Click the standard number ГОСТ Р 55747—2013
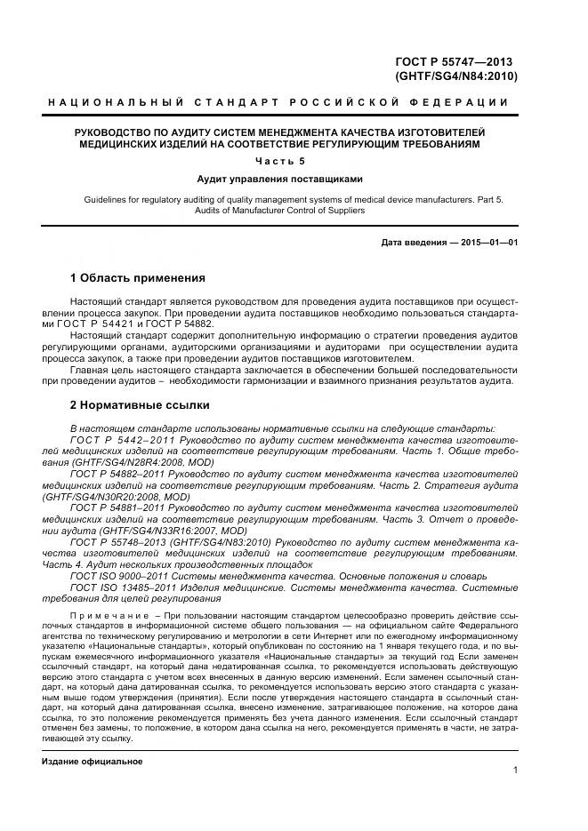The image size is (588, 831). point(455,61)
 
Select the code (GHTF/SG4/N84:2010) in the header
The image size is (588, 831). point(455,76)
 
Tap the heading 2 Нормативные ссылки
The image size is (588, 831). point(140,405)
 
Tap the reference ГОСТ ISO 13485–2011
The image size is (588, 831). point(124,587)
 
